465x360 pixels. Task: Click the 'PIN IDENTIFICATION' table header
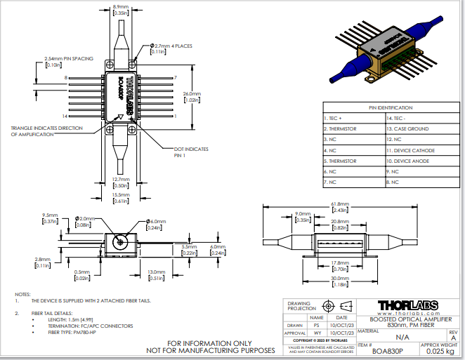pos(391,107)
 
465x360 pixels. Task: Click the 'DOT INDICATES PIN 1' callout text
pos(190,152)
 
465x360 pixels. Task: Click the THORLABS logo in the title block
pos(407,305)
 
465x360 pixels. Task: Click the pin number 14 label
pos(65,115)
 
